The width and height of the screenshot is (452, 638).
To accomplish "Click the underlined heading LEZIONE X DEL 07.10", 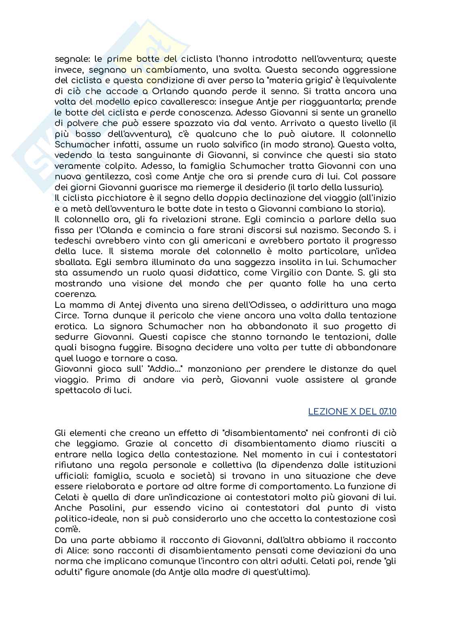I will [352, 412].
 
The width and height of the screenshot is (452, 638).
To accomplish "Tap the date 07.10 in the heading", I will [388, 412].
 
